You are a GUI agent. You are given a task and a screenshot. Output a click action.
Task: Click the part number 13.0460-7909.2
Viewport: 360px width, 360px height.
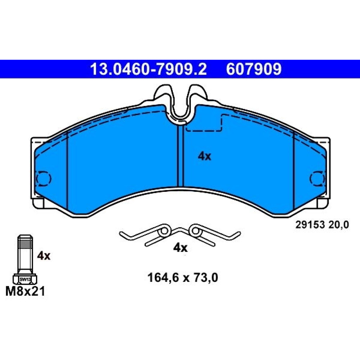pyautogui.click(x=148, y=69)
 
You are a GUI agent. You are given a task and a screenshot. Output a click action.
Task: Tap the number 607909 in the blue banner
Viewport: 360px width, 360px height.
pyautogui.click(x=254, y=69)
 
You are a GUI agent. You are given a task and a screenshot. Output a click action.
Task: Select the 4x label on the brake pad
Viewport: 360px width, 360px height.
pyautogui.click(x=204, y=156)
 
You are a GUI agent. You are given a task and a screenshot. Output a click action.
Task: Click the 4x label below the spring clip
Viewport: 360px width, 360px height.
pyautogui.click(x=180, y=248)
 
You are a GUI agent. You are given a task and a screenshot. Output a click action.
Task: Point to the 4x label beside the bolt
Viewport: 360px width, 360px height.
pyautogui.click(x=44, y=256)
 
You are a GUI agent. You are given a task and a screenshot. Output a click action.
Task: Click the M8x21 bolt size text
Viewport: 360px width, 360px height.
pyautogui.click(x=25, y=291)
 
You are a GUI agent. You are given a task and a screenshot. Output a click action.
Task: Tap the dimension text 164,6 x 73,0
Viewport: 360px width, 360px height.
pyautogui.click(x=183, y=278)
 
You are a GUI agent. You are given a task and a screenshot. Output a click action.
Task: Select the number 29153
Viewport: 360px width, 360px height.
pyautogui.click(x=310, y=225)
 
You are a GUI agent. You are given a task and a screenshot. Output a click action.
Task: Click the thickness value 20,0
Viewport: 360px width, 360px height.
pyautogui.click(x=339, y=225)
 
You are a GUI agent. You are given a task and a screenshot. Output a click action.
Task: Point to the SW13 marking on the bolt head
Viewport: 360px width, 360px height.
pyautogui.click(x=25, y=279)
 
